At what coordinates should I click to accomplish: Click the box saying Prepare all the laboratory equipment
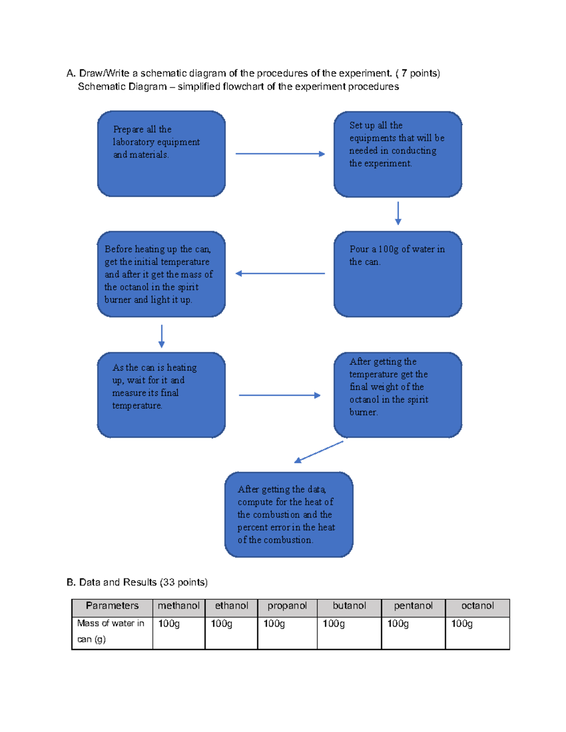coord(161,154)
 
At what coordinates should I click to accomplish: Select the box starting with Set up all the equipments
coord(398,154)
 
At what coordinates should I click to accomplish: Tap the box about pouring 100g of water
coord(398,274)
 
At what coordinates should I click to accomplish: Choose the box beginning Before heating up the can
coord(161,274)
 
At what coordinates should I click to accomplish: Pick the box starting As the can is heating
coord(161,395)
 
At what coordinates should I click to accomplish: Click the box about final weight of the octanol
coord(398,395)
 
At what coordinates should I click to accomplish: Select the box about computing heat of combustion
coord(289,514)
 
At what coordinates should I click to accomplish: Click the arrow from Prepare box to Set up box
coord(280,154)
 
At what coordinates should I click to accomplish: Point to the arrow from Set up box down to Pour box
coord(398,213)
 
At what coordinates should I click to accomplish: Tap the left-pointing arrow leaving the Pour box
coord(280,273)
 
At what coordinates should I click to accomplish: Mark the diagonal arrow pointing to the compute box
coord(318,452)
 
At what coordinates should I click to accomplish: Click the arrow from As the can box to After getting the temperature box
coord(279,395)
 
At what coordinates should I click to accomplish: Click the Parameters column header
coord(112,606)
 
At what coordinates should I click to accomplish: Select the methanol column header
coord(179,606)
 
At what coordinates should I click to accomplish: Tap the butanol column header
coord(349,606)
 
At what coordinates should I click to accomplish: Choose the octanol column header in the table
coord(477,606)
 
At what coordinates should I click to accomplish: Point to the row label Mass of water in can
coord(110,631)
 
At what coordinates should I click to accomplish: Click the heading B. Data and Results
coord(137,583)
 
